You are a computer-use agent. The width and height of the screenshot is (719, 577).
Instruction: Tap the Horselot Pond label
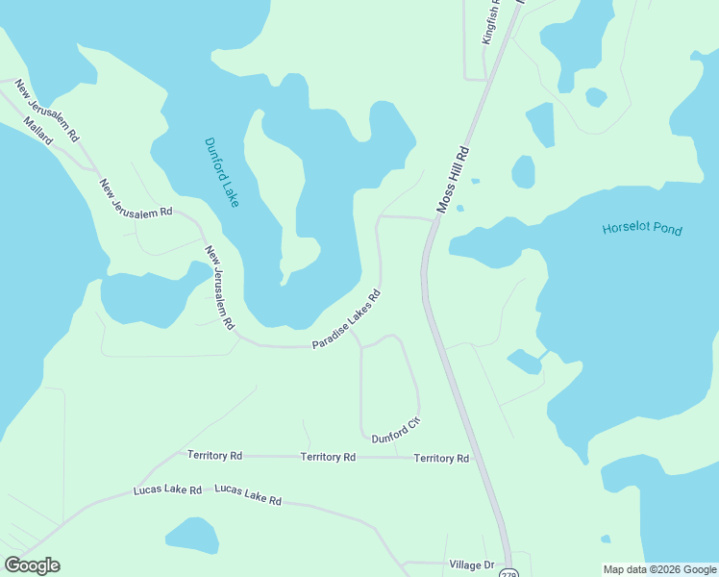[641, 230]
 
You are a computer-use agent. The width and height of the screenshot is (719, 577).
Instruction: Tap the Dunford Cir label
[397, 429]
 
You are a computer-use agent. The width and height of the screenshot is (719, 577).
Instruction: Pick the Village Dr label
[471, 564]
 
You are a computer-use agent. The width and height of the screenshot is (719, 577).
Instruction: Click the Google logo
[32, 564]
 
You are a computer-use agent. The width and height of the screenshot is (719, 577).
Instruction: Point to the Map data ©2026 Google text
[660, 569]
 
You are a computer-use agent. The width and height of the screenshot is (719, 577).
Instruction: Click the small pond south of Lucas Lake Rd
[191, 535]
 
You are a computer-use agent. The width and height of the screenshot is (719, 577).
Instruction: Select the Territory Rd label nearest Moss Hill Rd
[441, 459]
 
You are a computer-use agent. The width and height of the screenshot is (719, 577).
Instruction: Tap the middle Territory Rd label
[328, 457]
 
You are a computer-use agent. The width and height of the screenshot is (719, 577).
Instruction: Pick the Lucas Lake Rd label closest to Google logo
[167, 490]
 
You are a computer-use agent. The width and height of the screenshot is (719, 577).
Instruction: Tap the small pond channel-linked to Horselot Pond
[524, 362]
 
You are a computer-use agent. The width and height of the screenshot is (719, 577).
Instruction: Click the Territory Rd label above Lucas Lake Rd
[214, 455]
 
